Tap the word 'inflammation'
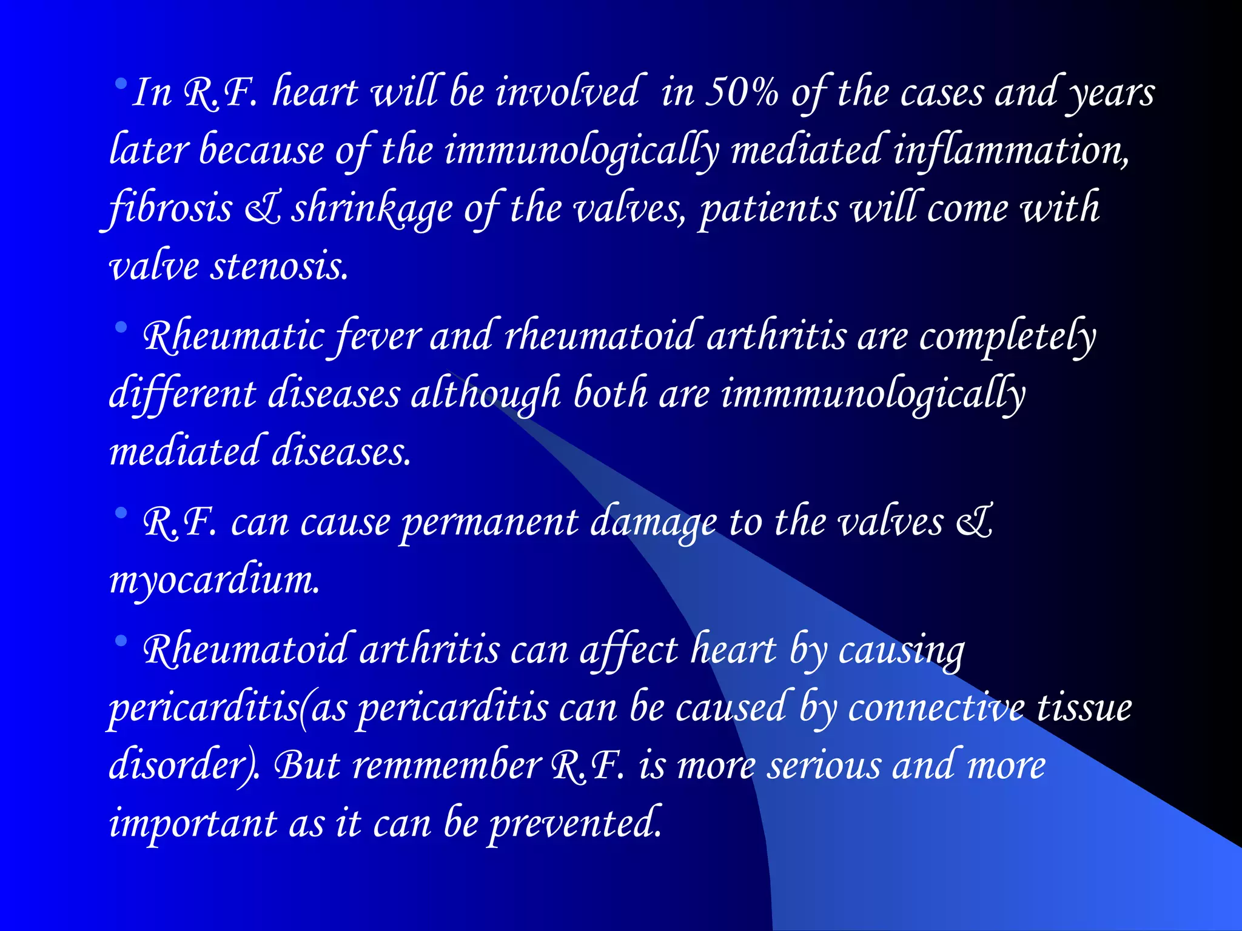tap(1010, 151)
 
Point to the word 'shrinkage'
tap(372, 208)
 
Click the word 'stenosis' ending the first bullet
tap(279, 266)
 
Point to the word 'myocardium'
tap(214, 580)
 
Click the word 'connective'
tap(936, 708)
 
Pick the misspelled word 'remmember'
tap(447, 766)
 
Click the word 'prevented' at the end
tap(574, 824)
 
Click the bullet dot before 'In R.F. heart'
tap(121, 82)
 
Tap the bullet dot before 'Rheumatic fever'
tap(121, 328)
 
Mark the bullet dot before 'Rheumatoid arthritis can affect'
tap(121, 641)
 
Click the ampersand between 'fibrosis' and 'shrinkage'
tap(262, 208)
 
